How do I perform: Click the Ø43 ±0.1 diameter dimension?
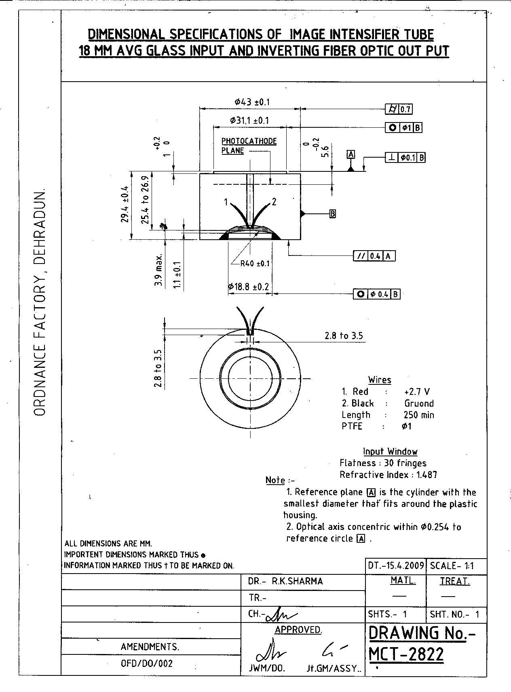(252, 102)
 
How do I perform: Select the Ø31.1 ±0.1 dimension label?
(249, 120)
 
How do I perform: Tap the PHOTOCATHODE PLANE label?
(249, 146)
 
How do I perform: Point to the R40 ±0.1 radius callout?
(255, 264)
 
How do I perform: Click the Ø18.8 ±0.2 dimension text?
(248, 287)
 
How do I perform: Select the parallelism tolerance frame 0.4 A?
(374, 256)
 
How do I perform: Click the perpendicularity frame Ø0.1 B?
(405, 158)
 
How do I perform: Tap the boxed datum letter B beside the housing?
(333, 213)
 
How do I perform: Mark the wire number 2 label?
(274, 201)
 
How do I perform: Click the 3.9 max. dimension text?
(158, 270)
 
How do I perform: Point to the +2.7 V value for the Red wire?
(417, 391)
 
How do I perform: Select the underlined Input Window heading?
(390, 451)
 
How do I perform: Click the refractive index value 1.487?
(427, 475)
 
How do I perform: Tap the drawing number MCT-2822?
(406, 654)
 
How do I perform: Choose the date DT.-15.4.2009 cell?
(395, 565)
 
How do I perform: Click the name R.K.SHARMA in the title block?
(297, 581)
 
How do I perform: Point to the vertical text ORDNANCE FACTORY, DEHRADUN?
(40, 301)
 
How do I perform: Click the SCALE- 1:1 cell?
(452, 565)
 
